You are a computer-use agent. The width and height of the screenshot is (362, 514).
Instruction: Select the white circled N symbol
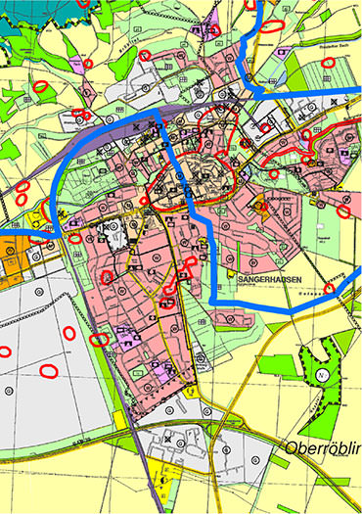point(321,373)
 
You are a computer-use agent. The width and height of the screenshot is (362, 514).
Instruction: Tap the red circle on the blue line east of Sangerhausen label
point(330,290)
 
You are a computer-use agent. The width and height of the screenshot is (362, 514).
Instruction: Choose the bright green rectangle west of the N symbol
point(284,369)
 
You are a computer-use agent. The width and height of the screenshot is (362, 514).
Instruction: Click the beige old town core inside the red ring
point(203,180)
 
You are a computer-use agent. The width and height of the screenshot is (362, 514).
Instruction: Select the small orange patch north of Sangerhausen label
point(260,206)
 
